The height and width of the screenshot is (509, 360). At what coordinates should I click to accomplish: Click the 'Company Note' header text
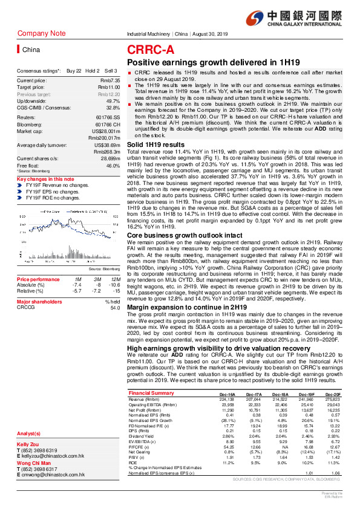(x=42, y=33)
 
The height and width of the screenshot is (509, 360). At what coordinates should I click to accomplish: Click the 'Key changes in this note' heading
(x=45, y=180)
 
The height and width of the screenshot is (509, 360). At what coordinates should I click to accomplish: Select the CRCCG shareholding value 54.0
(x=114, y=308)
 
